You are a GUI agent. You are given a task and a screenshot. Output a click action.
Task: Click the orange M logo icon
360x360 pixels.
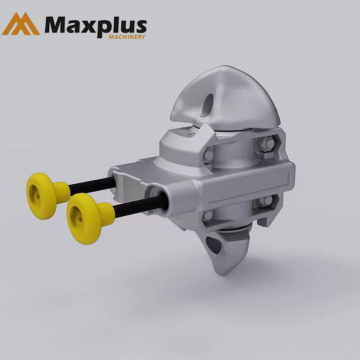[21, 23]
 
